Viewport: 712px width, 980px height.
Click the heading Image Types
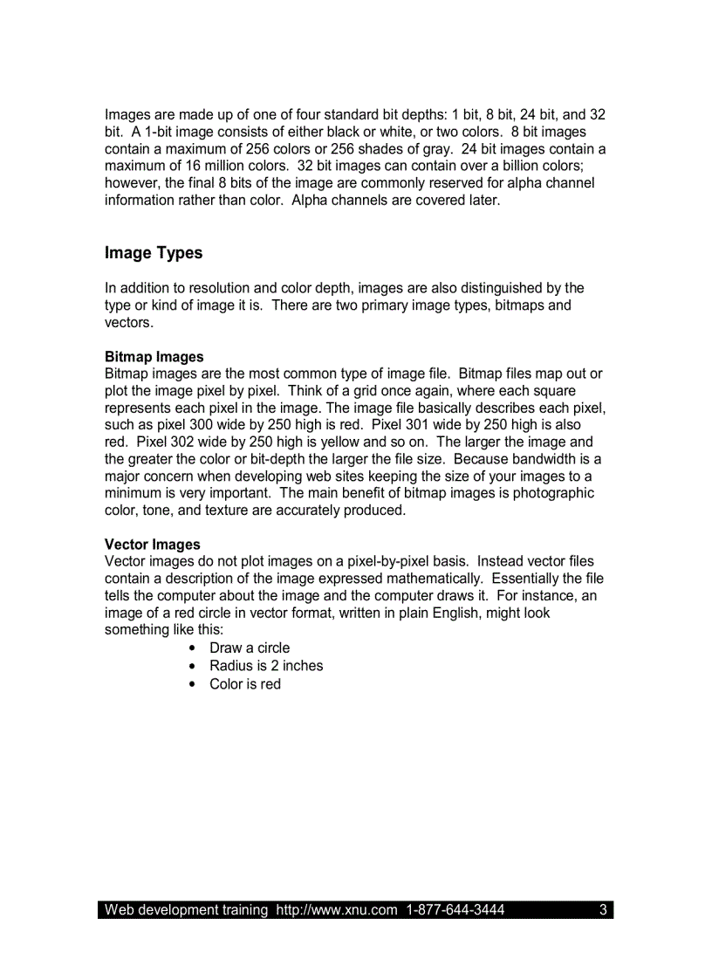tap(154, 253)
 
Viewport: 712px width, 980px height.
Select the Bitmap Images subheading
tap(154, 357)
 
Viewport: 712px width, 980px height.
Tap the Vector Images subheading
tap(153, 545)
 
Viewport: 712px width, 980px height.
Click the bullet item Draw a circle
tap(250, 648)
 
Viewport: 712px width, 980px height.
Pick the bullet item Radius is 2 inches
tap(266, 666)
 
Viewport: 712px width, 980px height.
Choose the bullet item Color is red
tap(245, 684)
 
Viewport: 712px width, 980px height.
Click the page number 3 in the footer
tap(603, 910)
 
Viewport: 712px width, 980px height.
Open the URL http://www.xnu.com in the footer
tap(337, 910)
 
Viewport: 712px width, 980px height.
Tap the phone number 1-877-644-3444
tap(455, 910)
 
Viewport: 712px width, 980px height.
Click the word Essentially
tap(525, 579)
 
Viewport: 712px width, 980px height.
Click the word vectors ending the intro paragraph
tap(128, 323)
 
